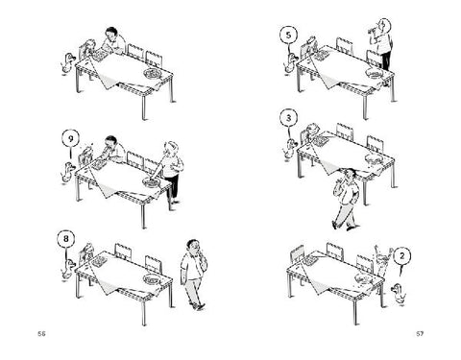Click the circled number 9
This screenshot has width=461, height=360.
(x=71, y=138)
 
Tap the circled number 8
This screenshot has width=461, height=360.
(x=66, y=239)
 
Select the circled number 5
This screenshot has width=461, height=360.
(x=289, y=35)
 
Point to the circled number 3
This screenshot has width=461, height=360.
(x=289, y=118)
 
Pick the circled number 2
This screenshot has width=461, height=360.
(x=402, y=256)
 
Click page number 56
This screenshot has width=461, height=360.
(x=41, y=334)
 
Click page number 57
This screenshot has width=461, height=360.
(x=420, y=334)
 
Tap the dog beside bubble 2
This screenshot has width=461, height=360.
(x=399, y=293)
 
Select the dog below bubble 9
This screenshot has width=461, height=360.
(x=67, y=172)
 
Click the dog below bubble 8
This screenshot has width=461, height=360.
(x=68, y=270)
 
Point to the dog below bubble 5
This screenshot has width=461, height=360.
(x=290, y=62)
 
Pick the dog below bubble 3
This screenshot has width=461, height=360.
(x=290, y=148)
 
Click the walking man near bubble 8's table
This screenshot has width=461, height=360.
(x=193, y=275)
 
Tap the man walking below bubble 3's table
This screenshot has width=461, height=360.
(x=346, y=199)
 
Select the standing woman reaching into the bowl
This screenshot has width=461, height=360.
(x=169, y=172)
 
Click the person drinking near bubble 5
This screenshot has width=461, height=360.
(x=382, y=45)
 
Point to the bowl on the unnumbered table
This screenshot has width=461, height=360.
(x=152, y=74)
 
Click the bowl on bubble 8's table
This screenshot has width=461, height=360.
(x=152, y=279)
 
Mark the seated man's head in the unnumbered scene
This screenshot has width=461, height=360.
(x=111, y=33)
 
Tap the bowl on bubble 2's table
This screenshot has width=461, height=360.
(x=364, y=279)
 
